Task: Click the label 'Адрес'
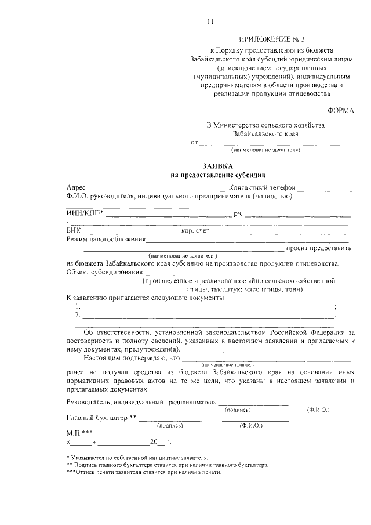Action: (76, 188)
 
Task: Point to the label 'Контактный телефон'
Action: (262, 188)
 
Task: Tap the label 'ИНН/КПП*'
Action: (85, 213)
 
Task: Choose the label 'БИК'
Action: (74, 231)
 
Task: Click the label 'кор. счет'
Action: (195, 231)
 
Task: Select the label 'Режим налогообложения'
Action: (106, 239)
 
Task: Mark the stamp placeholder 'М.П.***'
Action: (79, 433)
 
